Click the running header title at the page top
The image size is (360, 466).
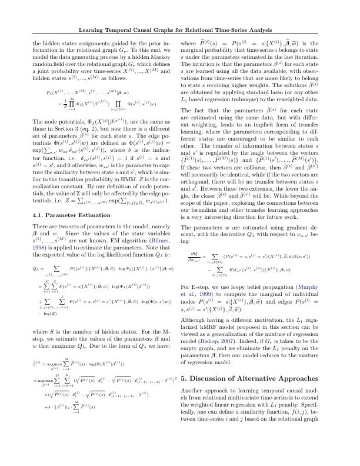click(x=179, y=30)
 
